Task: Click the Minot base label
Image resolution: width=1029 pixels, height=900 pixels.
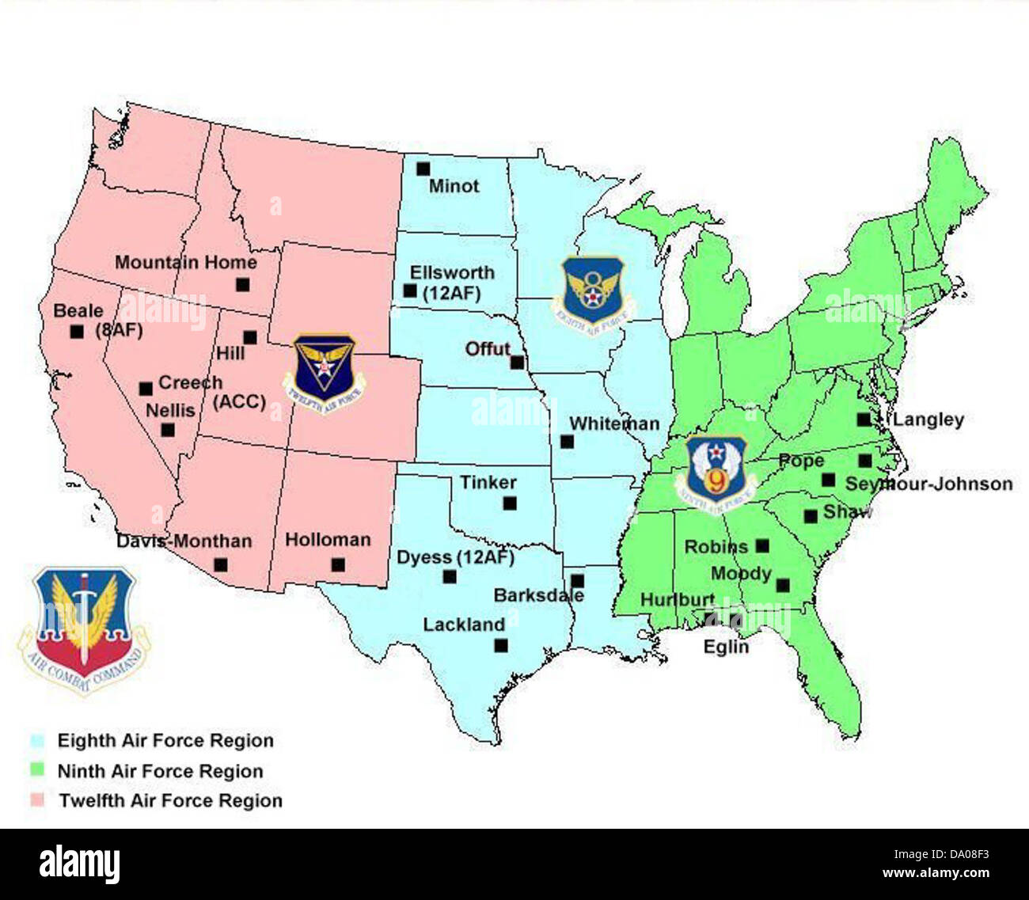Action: [x=454, y=187]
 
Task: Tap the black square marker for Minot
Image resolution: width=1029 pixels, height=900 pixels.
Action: [x=423, y=169]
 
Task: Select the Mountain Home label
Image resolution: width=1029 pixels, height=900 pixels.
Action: [x=186, y=263]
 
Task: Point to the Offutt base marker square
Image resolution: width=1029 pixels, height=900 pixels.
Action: [x=517, y=363]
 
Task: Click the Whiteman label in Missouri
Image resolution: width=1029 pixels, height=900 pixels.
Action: [x=614, y=424]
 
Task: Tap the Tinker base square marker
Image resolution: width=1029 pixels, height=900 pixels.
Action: [x=510, y=503]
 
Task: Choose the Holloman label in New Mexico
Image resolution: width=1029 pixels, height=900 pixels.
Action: [x=328, y=540]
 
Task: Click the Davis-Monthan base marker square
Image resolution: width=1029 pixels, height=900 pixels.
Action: [x=221, y=565]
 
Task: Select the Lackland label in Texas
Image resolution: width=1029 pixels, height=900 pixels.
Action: [x=464, y=625]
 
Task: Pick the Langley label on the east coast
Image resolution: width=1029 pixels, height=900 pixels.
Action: [x=928, y=420]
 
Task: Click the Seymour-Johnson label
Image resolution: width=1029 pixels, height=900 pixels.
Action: [x=929, y=484]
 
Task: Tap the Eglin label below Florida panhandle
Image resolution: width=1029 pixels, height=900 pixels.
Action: [x=726, y=647]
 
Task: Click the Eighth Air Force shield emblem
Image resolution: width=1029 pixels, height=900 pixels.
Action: [x=593, y=291]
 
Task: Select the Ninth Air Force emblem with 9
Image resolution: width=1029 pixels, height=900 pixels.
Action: [x=716, y=470]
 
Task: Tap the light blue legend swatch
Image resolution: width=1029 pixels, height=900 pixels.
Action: [x=37, y=742]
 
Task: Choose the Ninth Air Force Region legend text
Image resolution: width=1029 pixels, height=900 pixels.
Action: [x=160, y=771]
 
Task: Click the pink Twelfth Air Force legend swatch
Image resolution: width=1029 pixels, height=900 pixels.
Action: [x=37, y=800]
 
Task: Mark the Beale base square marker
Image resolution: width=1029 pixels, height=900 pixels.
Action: [x=77, y=332]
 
